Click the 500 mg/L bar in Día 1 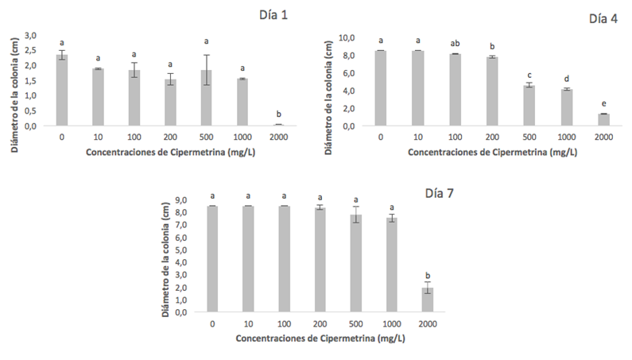click(x=207, y=98)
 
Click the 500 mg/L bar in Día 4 click(x=529, y=106)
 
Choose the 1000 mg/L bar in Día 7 click(x=391, y=265)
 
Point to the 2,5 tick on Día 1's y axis click(x=31, y=50)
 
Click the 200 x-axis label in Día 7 click(x=319, y=323)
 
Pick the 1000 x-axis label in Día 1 click(x=242, y=137)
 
